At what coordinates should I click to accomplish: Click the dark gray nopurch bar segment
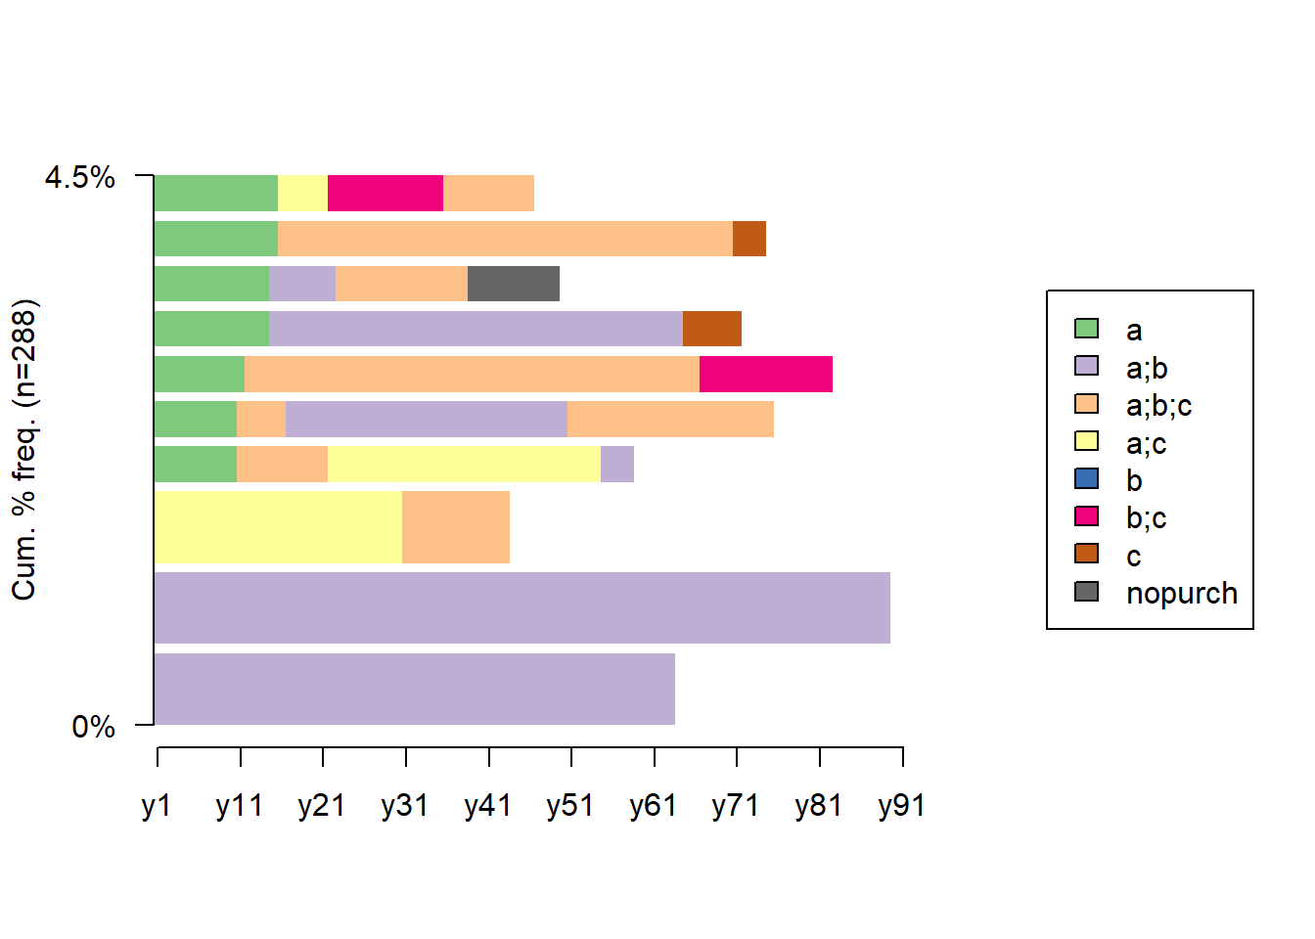tap(513, 284)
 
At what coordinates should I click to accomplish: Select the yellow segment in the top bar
tap(302, 194)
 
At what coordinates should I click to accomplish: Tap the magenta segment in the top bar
tap(385, 194)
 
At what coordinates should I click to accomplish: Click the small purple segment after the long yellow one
tap(616, 464)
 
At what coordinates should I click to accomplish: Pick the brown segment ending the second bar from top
tap(748, 239)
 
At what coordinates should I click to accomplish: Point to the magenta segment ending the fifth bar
tap(765, 374)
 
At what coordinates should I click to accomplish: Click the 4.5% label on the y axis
tap(79, 177)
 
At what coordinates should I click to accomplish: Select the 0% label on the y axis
tap(93, 727)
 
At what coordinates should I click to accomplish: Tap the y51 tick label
tap(570, 805)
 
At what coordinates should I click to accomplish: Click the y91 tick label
tap(901, 805)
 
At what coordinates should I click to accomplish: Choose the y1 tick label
tap(157, 805)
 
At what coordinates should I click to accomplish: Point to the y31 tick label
tap(405, 805)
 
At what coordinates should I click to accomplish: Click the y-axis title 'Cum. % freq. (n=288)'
tap(23, 450)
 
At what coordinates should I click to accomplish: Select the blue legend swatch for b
tap(1086, 479)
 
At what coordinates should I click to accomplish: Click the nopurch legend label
tap(1181, 593)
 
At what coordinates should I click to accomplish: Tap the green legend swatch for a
tap(1086, 329)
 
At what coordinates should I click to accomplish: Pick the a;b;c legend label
tap(1158, 405)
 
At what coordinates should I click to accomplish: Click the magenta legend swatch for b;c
tap(1086, 516)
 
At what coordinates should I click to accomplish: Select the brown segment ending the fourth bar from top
tap(711, 329)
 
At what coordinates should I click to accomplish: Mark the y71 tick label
tap(736, 805)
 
